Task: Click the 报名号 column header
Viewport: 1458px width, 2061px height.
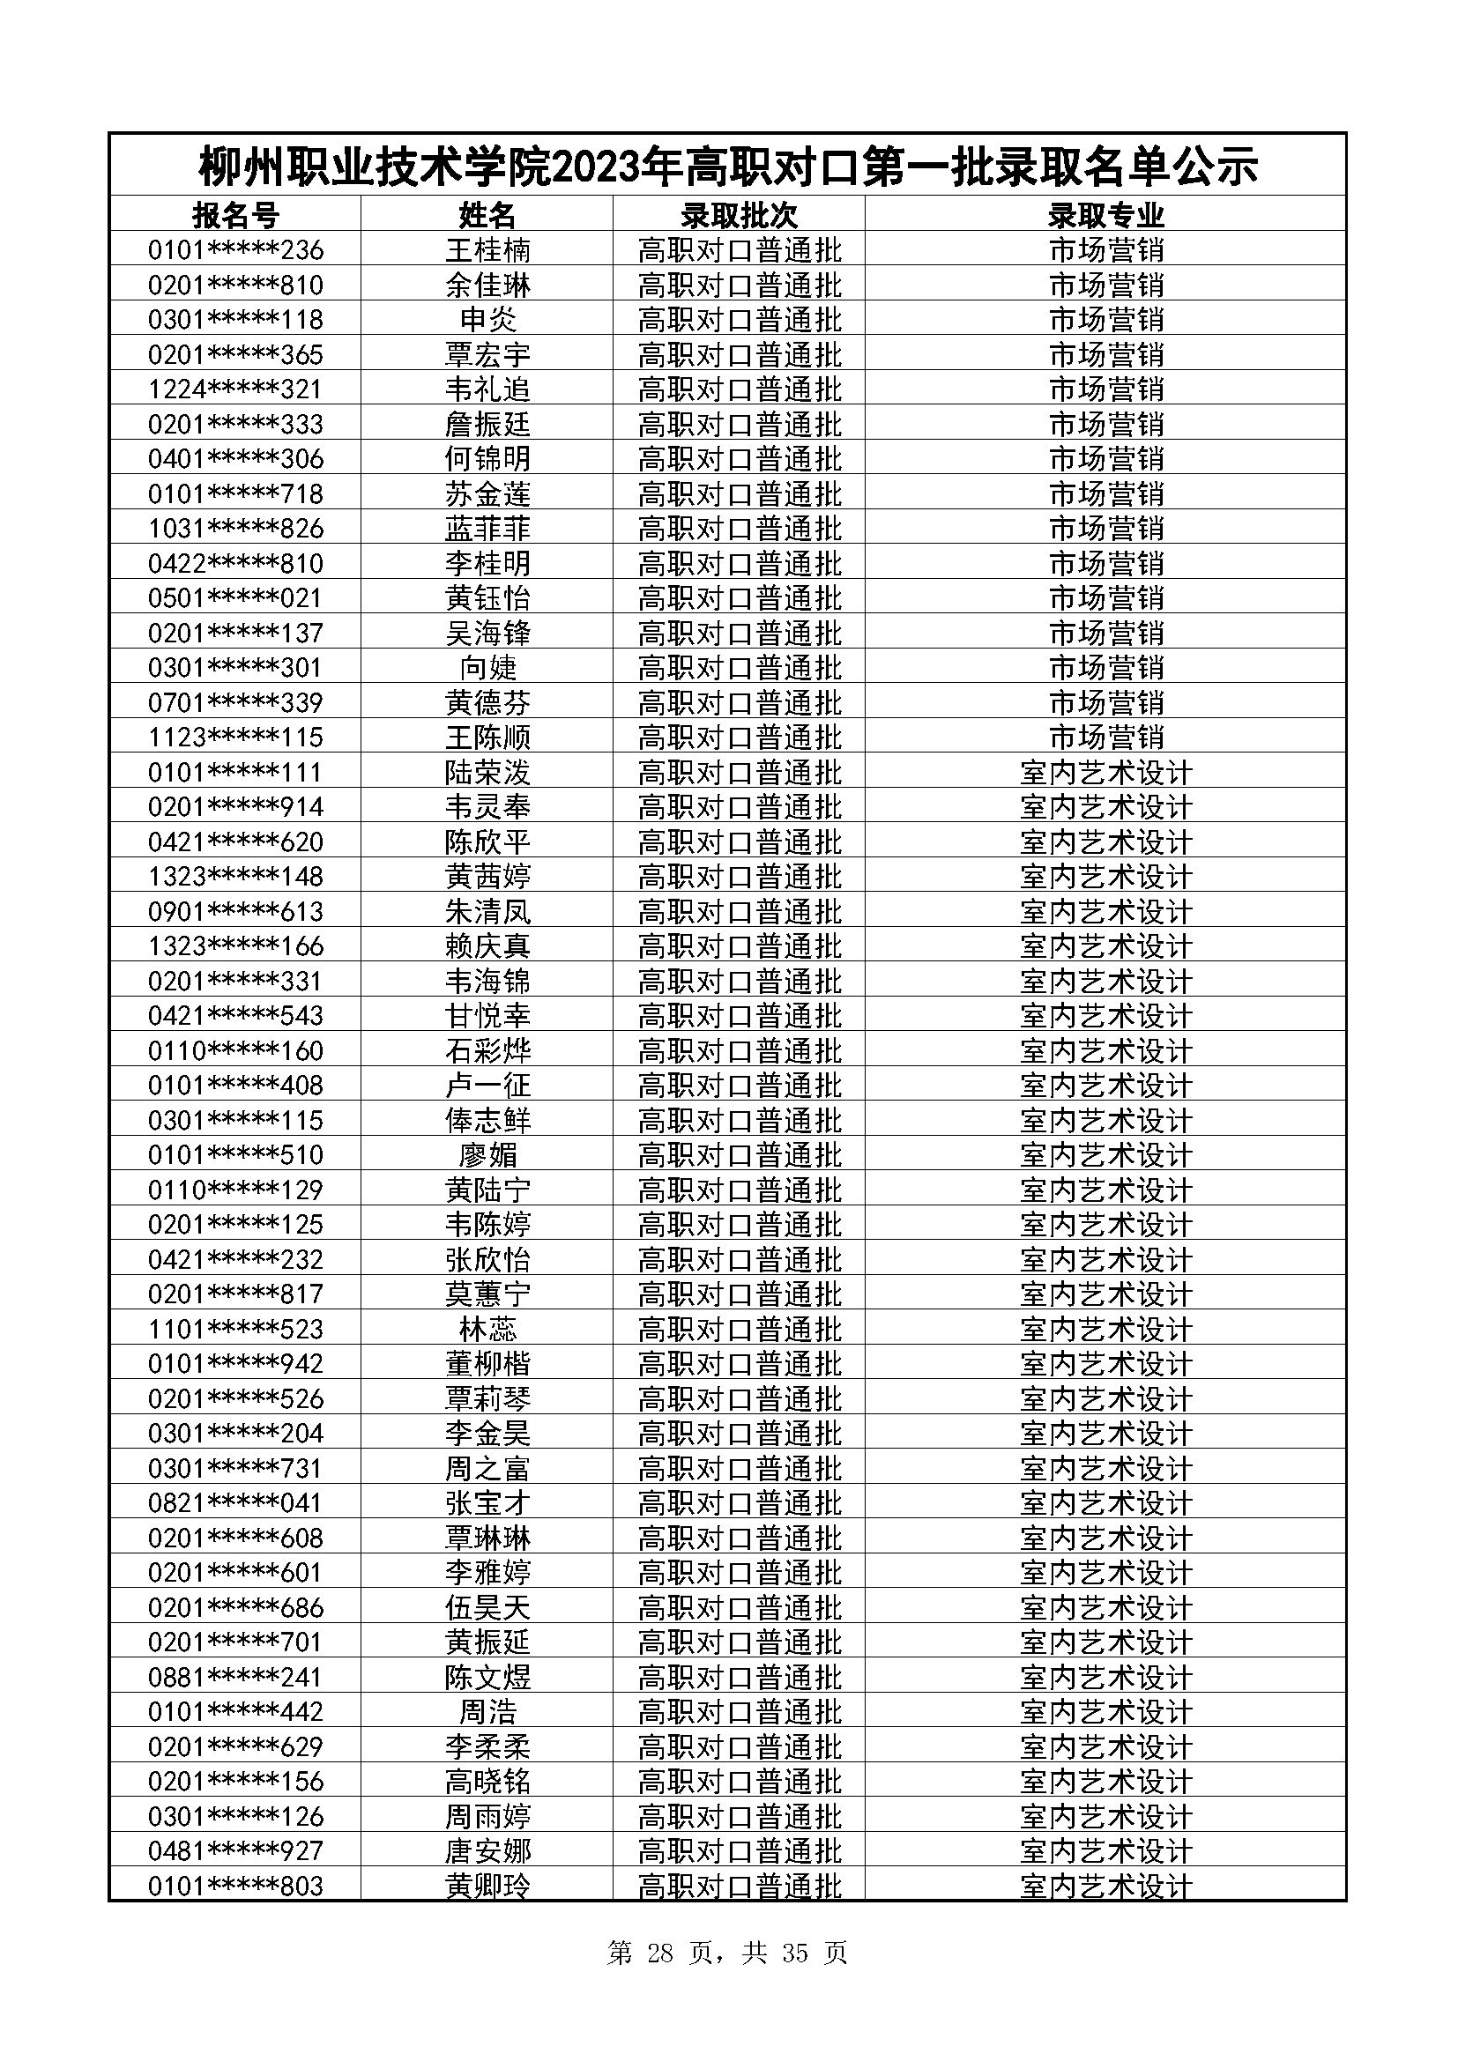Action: pyautogui.click(x=235, y=215)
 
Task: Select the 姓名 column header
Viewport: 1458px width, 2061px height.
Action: pyautogui.click(x=487, y=215)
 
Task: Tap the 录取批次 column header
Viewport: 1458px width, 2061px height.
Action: pyautogui.click(x=739, y=215)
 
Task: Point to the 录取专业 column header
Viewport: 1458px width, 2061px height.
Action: pyautogui.click(x=1105, y=215)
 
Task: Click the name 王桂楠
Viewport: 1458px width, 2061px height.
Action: pyautogui.click(x=487, y=249)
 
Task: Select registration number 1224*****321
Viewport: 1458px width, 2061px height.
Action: pyautogui.click(x=235, y=389)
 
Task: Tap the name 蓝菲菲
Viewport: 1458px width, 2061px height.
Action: pyautogui.click(x=487, y=528)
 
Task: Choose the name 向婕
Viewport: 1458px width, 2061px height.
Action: pyautogui.click(x=487, y=667)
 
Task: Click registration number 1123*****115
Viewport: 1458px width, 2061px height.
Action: pyautogui.click(x=235, y=737)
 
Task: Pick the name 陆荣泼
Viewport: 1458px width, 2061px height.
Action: pyautogui.click(x=487, y=772)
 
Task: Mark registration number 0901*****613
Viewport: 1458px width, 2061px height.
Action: pyautogui.click(x=235, y=911)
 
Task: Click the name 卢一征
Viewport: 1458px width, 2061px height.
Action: pyautogui.click(x=487, y=1086)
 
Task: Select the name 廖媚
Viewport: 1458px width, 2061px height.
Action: pyautogui.click(x=487, y=1154)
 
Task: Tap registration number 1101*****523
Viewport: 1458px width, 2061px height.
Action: pyautogui.click(x=235, y=1329)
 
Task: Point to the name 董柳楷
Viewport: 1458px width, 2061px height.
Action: pyautogui.click(x=487, y=1363)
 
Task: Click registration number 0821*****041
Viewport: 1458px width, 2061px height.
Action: pyautogui.click(x=235, y=1502)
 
